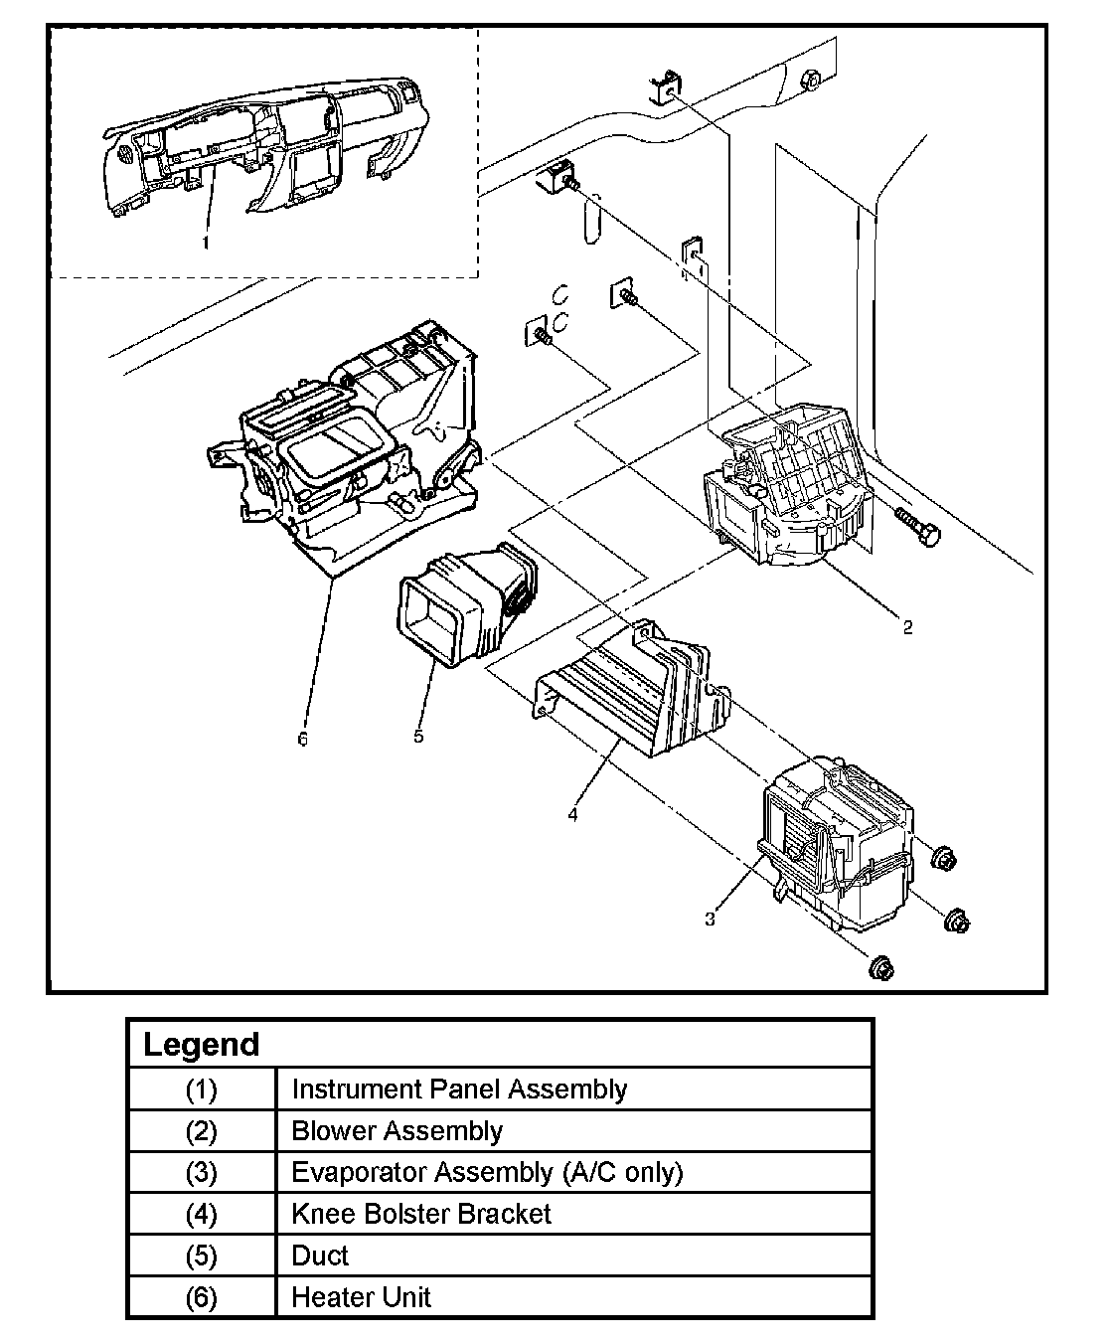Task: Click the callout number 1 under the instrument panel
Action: tap(206, 242)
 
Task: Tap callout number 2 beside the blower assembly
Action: tap(907, 627)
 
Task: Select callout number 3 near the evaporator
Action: tap(710, 920)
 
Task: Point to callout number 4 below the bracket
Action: tap(573, 814)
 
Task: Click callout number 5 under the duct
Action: tap(418, 736)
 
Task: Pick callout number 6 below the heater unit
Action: tap(303, 739)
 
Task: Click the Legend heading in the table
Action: tap(201, 1045)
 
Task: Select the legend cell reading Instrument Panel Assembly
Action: tap(458, 1090)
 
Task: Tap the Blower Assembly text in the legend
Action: tap(397, 1131)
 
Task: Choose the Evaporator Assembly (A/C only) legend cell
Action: tap(487, 1173)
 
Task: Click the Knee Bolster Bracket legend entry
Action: tap(420, 1215)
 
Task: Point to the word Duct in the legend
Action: tap(320, 1256)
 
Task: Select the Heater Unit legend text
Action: tap(361, 1297)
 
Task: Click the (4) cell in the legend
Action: tap(201, 1215)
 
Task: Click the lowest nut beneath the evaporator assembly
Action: tap(880, 968)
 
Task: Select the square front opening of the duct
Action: tap(430, 619)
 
